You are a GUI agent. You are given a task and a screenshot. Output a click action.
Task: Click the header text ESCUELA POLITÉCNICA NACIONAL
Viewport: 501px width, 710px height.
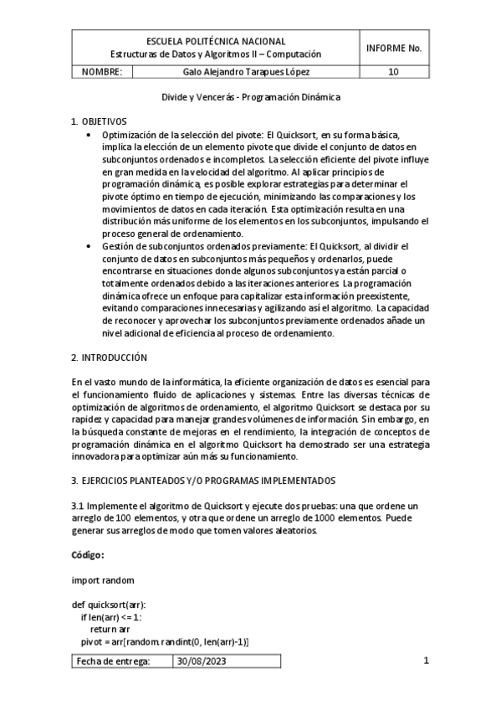tap(215, 40)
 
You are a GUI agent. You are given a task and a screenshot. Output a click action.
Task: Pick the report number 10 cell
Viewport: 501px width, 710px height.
tap(393, 72)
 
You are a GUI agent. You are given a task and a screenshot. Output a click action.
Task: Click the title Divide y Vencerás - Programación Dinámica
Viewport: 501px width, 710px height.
tap(250, 97)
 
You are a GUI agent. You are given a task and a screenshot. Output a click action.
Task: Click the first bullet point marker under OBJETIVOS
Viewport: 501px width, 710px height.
tap(91, 134)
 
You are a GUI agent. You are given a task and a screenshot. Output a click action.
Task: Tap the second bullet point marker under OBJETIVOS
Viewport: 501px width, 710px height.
tap(91, 246)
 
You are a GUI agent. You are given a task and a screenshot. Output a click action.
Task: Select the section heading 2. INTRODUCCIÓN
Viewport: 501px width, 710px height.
tap(109, 358)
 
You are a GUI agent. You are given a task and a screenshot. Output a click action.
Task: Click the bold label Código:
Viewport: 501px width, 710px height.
tap(88, 555)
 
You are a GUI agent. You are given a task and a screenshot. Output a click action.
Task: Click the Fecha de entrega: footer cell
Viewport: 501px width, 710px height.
tap(113, 661)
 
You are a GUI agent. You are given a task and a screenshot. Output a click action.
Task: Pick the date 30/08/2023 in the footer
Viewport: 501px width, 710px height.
tap(200, 661)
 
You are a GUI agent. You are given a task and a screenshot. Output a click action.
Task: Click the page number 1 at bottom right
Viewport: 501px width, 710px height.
tap(426, 661)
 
